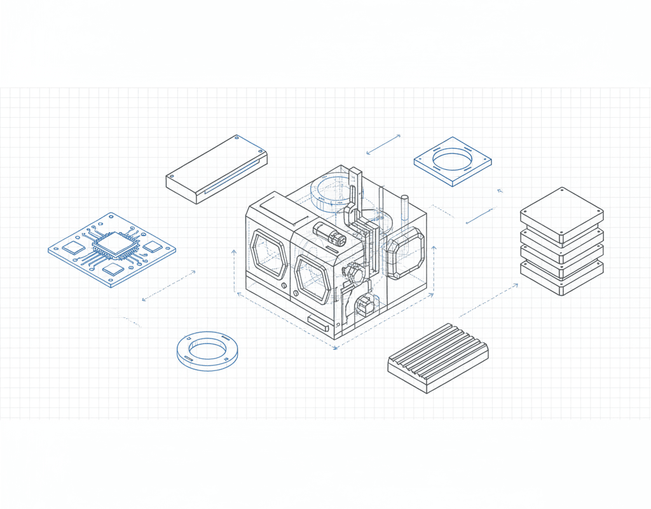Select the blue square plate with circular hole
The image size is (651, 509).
[453, 161]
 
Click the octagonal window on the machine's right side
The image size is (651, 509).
[406, 253]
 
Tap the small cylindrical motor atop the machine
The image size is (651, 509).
[329, 234]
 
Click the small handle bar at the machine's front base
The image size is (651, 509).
[319, 323]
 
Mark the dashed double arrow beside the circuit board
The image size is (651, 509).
[168, 286]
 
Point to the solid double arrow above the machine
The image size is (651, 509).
[384, 144]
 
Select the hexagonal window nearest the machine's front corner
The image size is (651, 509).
[312, 279]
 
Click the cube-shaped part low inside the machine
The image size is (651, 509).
[365, 305]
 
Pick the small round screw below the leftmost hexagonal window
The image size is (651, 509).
[295, 294]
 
